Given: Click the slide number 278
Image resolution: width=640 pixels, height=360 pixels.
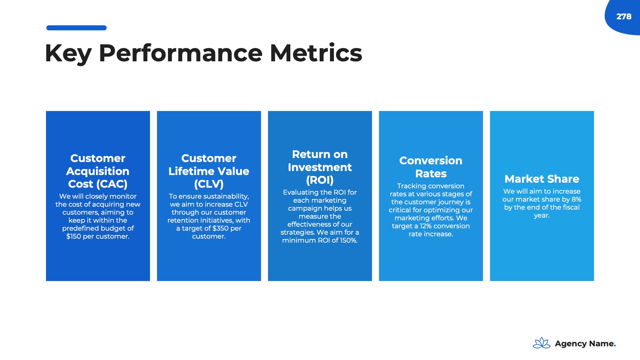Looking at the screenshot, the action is [624, 17].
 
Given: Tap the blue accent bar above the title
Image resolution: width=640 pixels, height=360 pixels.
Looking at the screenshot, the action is [76, 28].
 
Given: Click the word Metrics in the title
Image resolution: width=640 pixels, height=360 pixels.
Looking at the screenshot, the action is [316, 53].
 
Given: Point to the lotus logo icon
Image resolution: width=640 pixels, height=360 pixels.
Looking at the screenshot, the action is [542, 343].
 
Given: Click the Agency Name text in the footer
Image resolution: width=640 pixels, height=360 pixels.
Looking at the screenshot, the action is [585, 344].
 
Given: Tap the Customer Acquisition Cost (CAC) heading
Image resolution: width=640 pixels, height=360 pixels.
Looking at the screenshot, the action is [98, 171].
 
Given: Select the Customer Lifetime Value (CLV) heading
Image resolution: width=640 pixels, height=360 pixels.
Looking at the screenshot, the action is [209, 171].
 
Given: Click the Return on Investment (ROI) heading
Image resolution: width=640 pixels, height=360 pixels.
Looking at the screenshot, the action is [320, 167].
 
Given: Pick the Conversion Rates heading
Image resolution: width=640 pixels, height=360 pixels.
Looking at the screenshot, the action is [431, 167].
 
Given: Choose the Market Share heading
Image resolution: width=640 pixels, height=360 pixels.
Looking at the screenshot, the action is [542, 179].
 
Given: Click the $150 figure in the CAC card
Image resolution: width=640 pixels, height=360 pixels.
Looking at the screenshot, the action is [73, 236].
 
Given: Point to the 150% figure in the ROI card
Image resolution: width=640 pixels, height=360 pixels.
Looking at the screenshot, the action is [349, 240].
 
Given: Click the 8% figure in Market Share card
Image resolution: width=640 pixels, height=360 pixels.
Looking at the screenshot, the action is [576, 199].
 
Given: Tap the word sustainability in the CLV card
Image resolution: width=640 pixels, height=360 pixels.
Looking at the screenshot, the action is [226, 197].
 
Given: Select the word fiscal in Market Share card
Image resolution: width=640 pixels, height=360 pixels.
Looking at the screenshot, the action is [571, 207].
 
